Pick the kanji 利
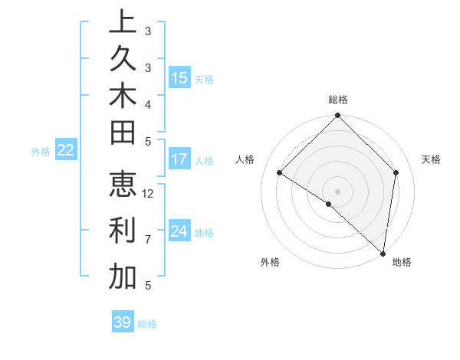(x=123, y=231)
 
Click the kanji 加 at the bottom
(x=123, y=277)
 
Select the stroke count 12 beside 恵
(x=148, y=193)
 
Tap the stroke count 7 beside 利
(x=148, y=239)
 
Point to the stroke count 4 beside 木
(x=148, y=103)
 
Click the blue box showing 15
(x=179, y=77)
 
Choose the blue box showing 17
(x=179, y=159)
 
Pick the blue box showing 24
(x=179, y=231)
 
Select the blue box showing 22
(x=66, y=151)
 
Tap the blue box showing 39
(x=123, y=322)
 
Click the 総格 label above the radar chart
(x=338, y=100)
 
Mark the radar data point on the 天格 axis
(x=396, y=172)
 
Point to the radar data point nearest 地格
(x=383, y=254)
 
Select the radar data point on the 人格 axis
(x=280, y=173)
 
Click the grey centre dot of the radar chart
(x=338, y=191)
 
